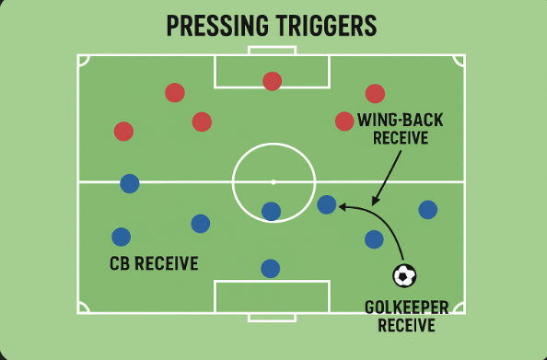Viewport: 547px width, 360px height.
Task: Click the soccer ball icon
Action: pyautogui.click(x=404, y=275)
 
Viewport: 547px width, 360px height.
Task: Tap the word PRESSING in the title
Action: pyautogui.click(x=217, y=26)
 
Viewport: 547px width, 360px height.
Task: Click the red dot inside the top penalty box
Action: pyautogui.click(x=272, y=81)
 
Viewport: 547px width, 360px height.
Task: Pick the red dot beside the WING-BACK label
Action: pyautogui.click(x=344, y=122)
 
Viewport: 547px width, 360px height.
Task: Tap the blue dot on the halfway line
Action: pyautogui.click(x=130, y=183)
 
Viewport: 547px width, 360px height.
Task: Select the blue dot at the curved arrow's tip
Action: pyautogui.click(x=327, y=204)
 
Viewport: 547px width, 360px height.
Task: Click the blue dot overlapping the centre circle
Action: pyautogui.click(x=271, y=212)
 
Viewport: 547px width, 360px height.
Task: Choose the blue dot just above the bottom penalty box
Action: pyautogui.click(x=271, y=269)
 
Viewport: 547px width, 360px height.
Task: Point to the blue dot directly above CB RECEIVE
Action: pyautogui.click(x=121, y=237)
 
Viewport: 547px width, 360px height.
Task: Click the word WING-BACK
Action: pyautogui.click(x=401, y=121)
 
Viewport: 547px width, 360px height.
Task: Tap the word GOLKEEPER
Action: pyautogui.click(x=406, y=308)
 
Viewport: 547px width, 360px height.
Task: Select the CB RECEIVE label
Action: pyautogui.click(x=154, y=263)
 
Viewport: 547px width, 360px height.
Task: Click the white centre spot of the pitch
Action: pyautogui.click(x=273, y=182)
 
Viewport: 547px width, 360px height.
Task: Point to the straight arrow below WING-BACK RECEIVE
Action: pyautogui.click(x=387, y=178)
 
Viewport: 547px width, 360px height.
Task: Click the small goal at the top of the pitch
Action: pyautogui.click(x=272, y=51)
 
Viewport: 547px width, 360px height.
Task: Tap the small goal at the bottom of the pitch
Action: pyautogui.click(x=272, y=318)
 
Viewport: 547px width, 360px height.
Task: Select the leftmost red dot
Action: pyautogui.click(x=123, y=132)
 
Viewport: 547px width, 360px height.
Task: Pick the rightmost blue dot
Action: pyautogui.click(x=428, y=210)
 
